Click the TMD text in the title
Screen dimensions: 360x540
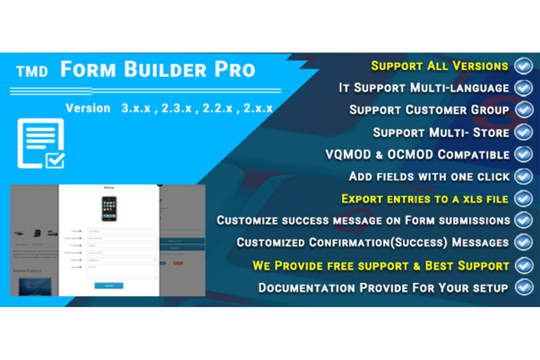[x=32, y=71]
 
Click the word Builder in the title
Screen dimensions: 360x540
[x=165, y=69]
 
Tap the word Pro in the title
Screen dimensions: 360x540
[x=235, y=69]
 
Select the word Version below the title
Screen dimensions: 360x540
[x=88, y=108]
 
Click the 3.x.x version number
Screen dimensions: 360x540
[x=136, y=108]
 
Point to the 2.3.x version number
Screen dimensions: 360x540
[x=176, y=108]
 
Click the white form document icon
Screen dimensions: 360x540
[x=41, y=143]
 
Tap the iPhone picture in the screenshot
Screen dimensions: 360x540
[x=109, y=209]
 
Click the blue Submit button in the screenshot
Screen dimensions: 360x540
[x=109, y=285]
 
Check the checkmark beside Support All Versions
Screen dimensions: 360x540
[x=523, y=66]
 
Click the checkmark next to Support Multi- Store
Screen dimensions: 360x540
[x=523, y=132]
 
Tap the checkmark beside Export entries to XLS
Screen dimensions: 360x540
[x=523, y=198]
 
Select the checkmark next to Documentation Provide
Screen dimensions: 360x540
[x=523, y=287]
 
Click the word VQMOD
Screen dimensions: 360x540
[x=348, y=154]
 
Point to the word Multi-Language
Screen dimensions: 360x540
[x=459, y=88]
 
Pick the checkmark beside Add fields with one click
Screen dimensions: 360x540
[x=523, y=176]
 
